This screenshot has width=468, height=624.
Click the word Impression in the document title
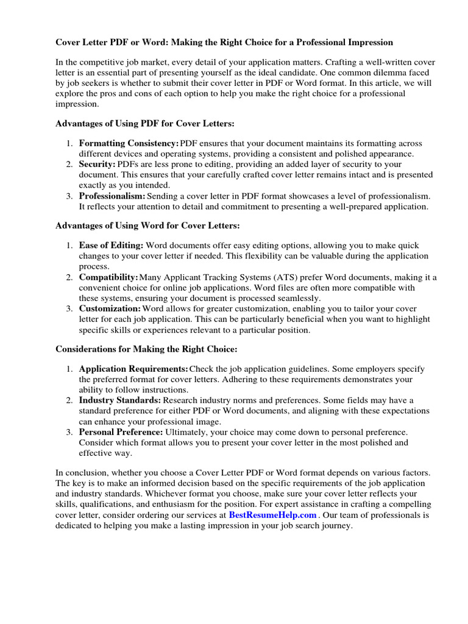pos(365,42)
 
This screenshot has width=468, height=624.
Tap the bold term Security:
pos(97,165)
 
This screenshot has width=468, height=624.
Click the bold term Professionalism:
pos(112,196)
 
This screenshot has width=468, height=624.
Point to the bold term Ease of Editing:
pos(111,246)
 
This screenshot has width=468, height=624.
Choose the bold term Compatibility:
pos(109,277)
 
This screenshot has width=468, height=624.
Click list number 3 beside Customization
pos(70,309)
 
